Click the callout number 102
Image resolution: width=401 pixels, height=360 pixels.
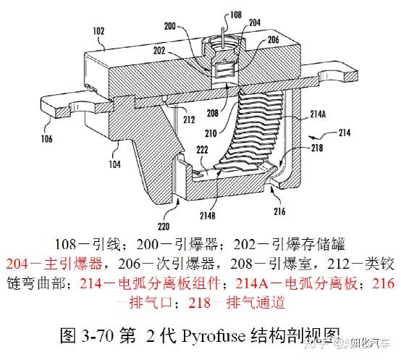(98, 31)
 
